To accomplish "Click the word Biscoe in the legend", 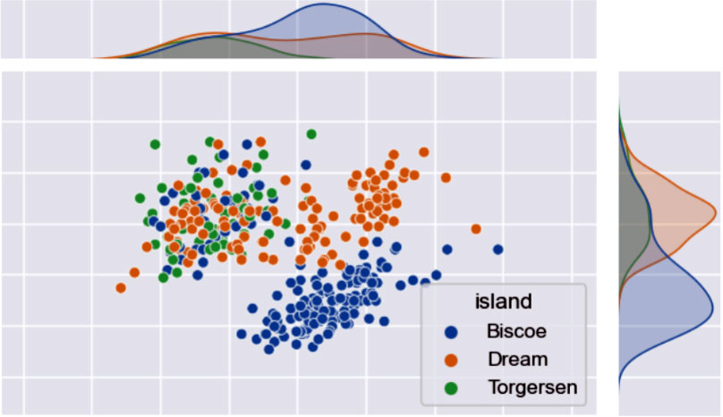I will [x=516, y=331].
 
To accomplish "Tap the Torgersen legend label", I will [x=532, y=387].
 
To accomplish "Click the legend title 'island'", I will [x=504, y=301].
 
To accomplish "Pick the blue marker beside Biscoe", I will [x=452, y=331].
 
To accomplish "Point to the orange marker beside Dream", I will [x=452, y=360].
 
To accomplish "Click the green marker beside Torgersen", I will [x=452, y=387].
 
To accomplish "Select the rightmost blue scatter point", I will [x=498, y=249].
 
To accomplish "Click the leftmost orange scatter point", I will [x=121, y=287].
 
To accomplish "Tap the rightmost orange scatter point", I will [x=476, y=229].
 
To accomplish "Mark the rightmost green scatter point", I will [x=311, y=134].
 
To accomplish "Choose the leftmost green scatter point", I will [x=140, y=198].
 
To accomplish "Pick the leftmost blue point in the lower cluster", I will [x=242, y=334].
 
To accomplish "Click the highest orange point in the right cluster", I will [x=425, y=153].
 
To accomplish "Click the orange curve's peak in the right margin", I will [x=716, y=212].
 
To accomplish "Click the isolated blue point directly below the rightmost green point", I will [x=306, y=165].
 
